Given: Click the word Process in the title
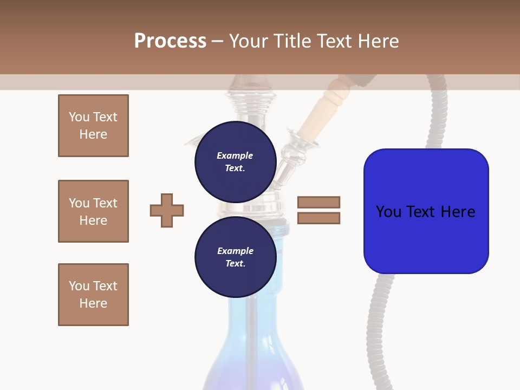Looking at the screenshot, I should pos(170,41).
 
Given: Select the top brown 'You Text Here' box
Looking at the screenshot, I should pos(93,126).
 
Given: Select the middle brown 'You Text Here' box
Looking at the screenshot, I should pos(93,211).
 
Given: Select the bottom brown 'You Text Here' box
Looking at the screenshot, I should pos(93,295).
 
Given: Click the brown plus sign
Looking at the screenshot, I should pos(167,210).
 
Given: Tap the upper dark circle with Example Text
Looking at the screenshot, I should pos(235,162).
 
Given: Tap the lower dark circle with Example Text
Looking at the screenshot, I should pos(235,257).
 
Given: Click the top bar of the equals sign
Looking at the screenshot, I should pos(318,202).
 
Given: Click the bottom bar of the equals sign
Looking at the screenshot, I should pos(318,218).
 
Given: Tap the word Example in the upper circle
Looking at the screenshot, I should pos(235,155).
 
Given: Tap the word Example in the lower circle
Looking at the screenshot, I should pos(235,251).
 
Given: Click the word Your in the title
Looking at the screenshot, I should pos(248,41).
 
